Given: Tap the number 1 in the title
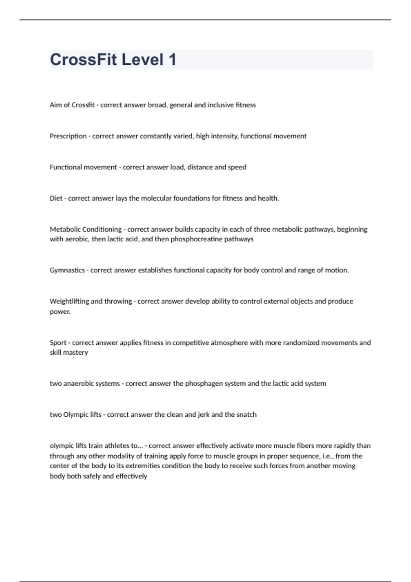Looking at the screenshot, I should click(x=172, y=60).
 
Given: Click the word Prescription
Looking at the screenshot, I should click(x=68, y=136).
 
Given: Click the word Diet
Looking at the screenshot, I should click(x=56, y=198).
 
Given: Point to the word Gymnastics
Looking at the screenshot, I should click(x=67, y=270).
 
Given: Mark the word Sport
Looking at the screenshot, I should click(x=58, y=343).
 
